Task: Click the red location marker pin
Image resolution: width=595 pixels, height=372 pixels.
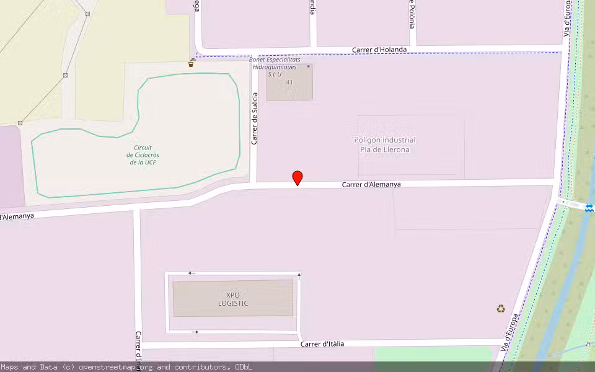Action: [297, 178]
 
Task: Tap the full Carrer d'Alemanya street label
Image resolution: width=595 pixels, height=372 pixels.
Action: [371, 184]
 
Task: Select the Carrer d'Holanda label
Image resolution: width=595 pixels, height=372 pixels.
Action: [379, 50]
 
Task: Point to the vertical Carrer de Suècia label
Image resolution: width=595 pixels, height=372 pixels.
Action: [254, 119]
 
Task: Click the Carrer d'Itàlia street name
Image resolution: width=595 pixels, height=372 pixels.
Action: [322, 343]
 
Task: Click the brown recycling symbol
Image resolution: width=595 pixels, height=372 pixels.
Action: [501, 308]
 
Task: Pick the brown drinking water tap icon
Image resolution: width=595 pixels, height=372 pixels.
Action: [192, 63]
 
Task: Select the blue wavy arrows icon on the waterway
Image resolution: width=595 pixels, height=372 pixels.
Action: [589, 208]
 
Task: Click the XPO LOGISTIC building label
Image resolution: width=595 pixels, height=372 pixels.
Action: [233, 299]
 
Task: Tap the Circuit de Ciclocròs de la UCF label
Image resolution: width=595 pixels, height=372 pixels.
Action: [143, 154]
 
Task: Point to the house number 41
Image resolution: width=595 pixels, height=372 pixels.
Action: [289, 82]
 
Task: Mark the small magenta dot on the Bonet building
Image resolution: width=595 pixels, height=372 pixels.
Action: [308, 66]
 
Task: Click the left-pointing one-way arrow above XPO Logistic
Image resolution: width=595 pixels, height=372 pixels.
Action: [192, 273]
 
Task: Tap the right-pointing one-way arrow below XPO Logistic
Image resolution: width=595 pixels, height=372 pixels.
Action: [196, 332]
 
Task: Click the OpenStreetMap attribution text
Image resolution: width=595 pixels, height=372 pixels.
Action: [126, 367]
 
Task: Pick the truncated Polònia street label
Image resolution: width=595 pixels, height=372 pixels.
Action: [412, 11]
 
